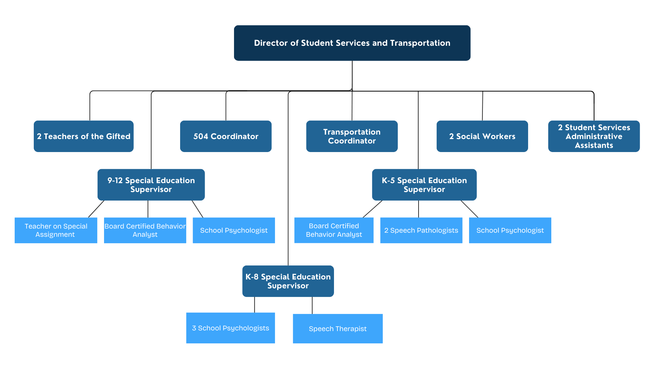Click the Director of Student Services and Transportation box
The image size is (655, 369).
click(x=352, y=43)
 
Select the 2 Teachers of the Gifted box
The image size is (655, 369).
click(x=84, y=136)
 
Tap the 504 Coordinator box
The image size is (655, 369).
click(x=226, y=136)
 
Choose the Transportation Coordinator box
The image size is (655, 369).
click(x=352, y=136)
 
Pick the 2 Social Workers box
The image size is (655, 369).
click(x=482, y=136)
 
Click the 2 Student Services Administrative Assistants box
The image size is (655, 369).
click(x=594, y=136)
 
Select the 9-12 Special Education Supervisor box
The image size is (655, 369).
click(x=151, y=185)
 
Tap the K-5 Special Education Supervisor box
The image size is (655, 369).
click(x=424, y=185)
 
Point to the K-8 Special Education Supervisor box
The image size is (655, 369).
click(x=288, y=281)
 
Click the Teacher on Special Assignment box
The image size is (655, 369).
click(x=56, y=230)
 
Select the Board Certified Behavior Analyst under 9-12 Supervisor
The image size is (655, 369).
click(x=145, y=230)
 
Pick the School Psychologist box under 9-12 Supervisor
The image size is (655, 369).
click(x=234, y=230)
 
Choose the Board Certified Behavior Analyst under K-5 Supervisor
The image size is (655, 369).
click(x=334, y=230)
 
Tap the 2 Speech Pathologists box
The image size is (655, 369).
click(x=421, y=230)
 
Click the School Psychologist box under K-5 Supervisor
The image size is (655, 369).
click(x=510, y=230)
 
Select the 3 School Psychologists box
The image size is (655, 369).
click(x=230, y=328)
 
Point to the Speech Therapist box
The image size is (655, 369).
click(x=338, y=329)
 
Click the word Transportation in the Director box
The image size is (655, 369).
click(x=420, y=43)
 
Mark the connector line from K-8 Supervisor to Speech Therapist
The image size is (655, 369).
click(x=312, y=305)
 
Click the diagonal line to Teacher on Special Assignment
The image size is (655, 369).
click(x=96, y=209)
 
